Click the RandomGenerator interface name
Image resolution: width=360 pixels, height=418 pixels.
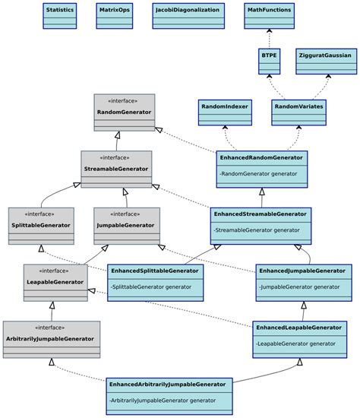coord(124,112)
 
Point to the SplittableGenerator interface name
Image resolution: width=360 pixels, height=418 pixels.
coord(41,225)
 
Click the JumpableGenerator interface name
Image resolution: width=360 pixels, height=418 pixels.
coord(127,225)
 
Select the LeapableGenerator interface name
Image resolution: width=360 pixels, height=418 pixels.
coord(55,281)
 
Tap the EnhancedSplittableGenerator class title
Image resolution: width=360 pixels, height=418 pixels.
coord(155,271)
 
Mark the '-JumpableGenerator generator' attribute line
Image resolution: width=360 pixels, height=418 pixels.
coord(299,287)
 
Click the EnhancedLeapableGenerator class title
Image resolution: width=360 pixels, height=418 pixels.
coord(299,327)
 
